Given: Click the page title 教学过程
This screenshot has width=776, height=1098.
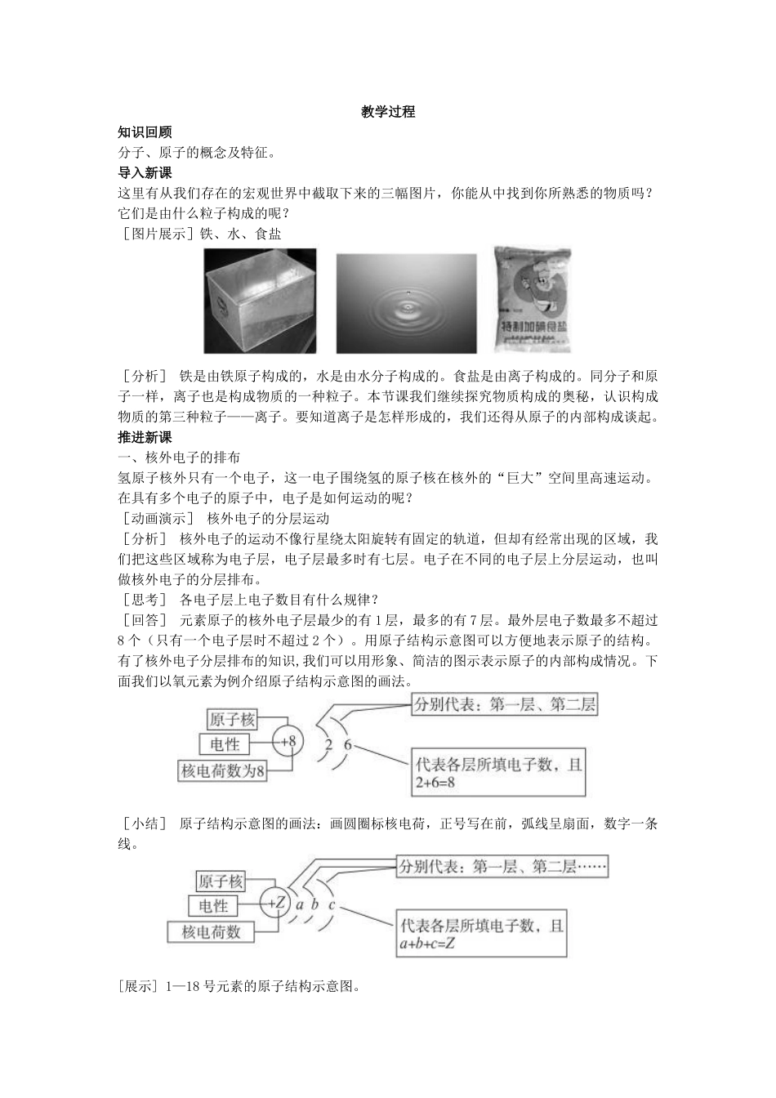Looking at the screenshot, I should point(388,112).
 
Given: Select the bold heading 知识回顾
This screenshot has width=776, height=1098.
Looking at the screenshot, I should point(145,132).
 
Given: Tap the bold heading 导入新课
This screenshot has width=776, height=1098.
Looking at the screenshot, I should point(145,172).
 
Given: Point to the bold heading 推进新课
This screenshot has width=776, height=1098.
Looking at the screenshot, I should point(145,437).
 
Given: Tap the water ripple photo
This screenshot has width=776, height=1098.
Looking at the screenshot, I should point(406,301).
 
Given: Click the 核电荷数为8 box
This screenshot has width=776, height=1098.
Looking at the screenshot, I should point(223,770).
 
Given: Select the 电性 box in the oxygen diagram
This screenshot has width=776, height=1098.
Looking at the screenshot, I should point(225,744).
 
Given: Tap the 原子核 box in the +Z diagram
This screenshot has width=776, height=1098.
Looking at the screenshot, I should point(221,881).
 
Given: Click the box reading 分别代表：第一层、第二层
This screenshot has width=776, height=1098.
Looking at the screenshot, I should point(504,705).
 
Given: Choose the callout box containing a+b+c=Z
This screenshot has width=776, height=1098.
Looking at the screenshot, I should point(481,934).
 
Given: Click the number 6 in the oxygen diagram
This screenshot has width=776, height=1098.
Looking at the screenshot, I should point(347,745).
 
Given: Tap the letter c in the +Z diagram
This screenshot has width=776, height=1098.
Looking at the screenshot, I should point(332,904).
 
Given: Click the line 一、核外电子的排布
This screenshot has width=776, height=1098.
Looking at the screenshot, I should point(179,457).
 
